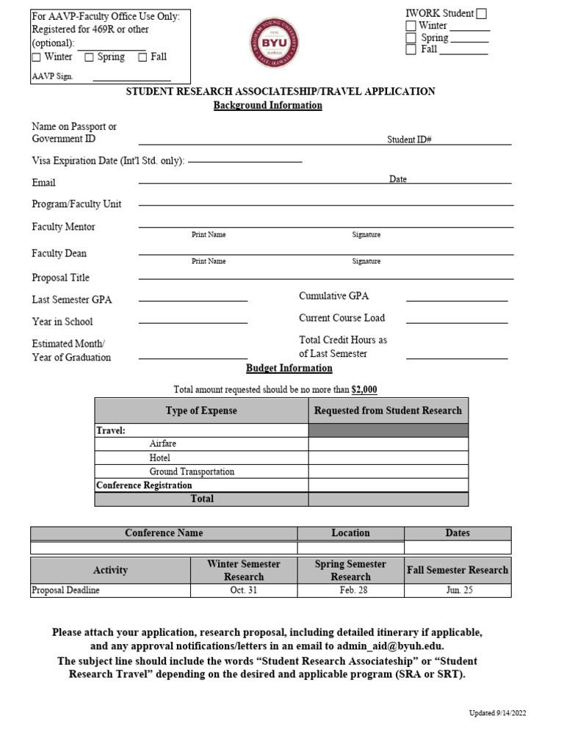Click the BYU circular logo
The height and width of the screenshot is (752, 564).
(274, 43)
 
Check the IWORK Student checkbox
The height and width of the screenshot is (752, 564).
(481, 13)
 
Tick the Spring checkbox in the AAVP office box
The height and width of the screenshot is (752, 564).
(89, 57)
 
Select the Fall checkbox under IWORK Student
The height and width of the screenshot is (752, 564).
(411, 49)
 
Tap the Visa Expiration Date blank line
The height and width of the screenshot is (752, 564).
(245, 161)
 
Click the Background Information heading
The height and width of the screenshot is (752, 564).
(267, 105)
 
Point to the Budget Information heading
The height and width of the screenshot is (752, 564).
(289, 368)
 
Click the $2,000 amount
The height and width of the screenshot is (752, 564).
(364, 389)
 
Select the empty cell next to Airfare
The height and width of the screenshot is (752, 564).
(388, 444)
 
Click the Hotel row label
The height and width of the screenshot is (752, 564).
(159, 458)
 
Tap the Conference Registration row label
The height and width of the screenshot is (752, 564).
(144, 485)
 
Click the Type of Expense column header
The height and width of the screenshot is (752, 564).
(201, 411)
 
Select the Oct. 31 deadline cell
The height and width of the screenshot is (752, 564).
(243, 590)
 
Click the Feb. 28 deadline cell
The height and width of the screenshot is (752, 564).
(350, 590)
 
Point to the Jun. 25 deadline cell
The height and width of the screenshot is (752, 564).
(457, 590)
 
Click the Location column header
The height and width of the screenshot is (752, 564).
(350, 533)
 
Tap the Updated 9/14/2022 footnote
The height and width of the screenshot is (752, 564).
(497, 713)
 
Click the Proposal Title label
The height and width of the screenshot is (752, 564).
(61, 278)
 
